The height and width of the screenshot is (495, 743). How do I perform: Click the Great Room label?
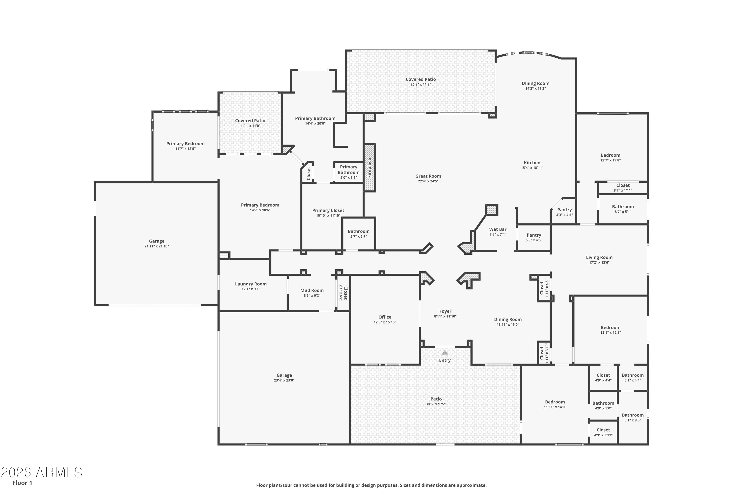(x=428, y=176)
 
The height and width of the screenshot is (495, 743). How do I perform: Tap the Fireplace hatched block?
(x=369, y=168)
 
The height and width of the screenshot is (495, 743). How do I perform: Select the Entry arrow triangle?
(x=445, y=353)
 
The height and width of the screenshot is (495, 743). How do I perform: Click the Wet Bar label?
(x=498, y=229)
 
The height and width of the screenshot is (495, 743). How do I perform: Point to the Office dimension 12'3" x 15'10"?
(x=385, y=322)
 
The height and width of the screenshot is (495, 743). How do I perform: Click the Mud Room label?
(x=312, y=290)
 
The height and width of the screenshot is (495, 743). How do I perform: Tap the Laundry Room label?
(x=251, y=284)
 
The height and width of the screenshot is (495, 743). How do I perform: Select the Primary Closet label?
(x=328, y=210)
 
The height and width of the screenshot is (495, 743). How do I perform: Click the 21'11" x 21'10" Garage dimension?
(x=157, y=246)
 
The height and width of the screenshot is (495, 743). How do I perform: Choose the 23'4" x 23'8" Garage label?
(x=284, y=375)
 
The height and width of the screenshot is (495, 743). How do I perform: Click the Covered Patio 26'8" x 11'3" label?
(x=421, y=79)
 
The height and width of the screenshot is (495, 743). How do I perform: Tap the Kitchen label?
(x=532, y=163)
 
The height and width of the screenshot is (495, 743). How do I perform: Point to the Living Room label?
(x=599, y=257)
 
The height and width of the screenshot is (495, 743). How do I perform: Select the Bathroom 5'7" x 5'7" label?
(x=359, y=231)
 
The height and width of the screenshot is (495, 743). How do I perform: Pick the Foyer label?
(x=445, y=311)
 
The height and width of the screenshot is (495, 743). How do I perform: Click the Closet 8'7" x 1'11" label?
(x=623, y=185)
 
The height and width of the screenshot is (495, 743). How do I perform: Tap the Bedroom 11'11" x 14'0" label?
(x=555, y=402)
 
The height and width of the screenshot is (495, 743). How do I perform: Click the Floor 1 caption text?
(x=22, y=483)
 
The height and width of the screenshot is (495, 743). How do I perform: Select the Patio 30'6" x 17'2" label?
(x=436, y=399)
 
